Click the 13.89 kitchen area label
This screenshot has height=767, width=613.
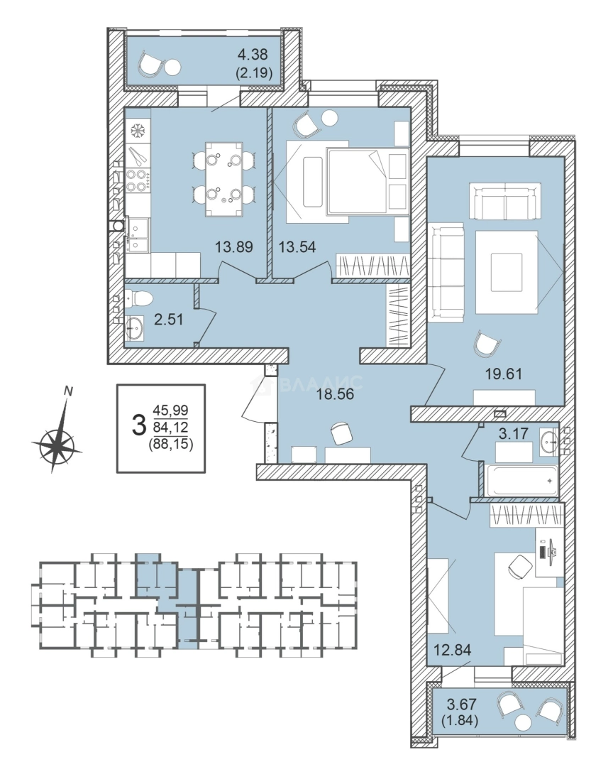coord(234,246)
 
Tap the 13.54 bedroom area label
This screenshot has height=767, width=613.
coord(297,246)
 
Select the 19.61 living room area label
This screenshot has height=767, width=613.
coord(504,374)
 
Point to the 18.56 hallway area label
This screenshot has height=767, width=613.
coord(335,394)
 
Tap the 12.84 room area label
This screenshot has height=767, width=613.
coord(452,650)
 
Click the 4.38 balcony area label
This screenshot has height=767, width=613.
coord(252,55)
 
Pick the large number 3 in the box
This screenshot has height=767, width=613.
coord(139,425)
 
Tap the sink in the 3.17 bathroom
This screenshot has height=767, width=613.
coord(550,440)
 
